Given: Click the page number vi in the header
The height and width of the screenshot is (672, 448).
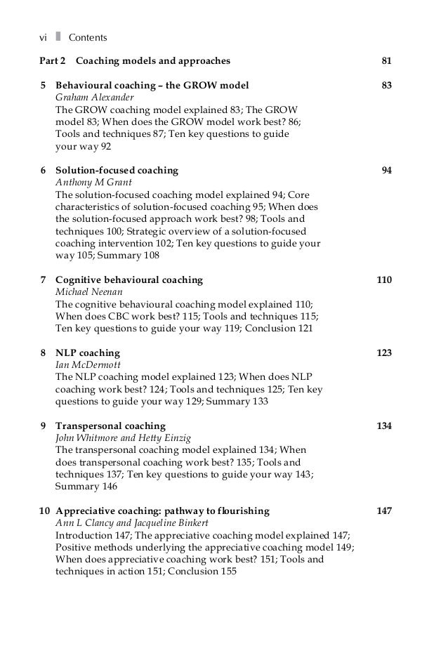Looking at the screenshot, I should coord(43,37).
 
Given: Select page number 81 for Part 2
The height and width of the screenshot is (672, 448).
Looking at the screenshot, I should coord(386,61).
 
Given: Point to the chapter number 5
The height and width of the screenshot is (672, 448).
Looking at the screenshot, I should coord(44,86).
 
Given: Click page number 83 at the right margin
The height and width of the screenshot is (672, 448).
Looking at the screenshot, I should coord(386,86).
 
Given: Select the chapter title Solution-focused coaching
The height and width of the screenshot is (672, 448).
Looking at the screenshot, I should coord(117,170).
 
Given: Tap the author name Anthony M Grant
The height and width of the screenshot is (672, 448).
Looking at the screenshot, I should coord(87,182).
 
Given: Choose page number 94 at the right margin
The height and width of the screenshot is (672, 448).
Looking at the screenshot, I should coord(386,170).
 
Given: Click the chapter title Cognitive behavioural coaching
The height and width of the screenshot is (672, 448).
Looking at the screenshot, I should coord(129,279).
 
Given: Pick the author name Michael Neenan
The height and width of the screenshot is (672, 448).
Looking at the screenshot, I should coord(84,291).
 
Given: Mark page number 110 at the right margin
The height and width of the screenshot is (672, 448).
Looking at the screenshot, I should coord(384,279).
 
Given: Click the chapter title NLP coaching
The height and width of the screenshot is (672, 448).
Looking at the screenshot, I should coord(88,353).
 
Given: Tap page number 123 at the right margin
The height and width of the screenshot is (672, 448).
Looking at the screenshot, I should coord(384,353).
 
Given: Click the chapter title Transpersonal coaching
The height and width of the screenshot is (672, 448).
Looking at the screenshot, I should coord(110,426).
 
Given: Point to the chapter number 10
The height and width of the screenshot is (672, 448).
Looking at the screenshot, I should coord(44,510).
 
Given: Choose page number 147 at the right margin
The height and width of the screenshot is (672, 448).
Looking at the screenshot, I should coord(384,510).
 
